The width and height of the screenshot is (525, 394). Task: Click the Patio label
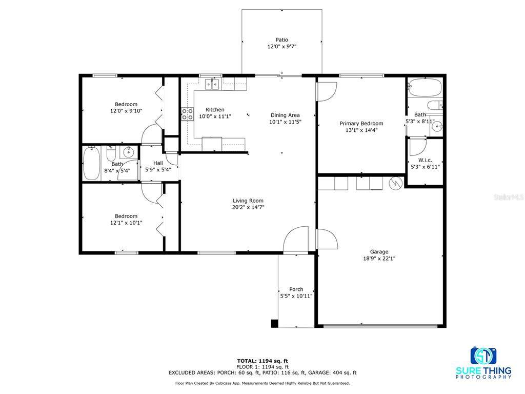click(281, 40)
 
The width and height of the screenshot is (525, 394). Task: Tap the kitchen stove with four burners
click(188, 114)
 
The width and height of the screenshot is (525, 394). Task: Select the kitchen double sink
click(212, 84)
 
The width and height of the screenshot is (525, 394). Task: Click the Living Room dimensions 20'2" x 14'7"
click(248, 207)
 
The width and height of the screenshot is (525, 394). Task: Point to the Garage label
click(379, 251)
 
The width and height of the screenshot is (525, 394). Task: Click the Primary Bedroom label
click(361, 123)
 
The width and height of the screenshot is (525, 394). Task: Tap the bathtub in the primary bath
click(425, 87)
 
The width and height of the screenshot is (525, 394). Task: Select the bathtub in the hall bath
click(91, 163)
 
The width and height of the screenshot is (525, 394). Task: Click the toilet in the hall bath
click(111, 153)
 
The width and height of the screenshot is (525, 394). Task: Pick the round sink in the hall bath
click(128, 152)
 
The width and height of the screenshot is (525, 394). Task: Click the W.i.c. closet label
click(425, 160)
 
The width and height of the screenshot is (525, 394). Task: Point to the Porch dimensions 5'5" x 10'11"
click(296, 296)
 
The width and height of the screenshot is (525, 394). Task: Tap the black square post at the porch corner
click(275, 324)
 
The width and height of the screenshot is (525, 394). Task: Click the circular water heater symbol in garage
click(395, 183)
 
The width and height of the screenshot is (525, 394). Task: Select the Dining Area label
click(285, 115)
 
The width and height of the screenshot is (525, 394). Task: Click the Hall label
click(158, 163)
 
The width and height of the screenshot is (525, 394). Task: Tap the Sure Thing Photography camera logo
click(483, 356)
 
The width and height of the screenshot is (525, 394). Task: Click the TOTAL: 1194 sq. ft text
click(262, 361)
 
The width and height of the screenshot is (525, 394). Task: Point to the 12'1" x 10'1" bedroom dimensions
click(126, 223)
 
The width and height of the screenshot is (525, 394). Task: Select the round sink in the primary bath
click(437, 126)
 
